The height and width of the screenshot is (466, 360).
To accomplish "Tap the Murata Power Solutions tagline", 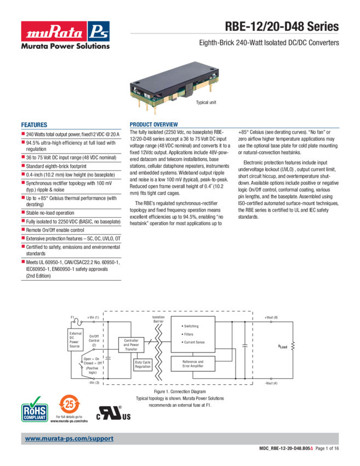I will [x=65, y=46].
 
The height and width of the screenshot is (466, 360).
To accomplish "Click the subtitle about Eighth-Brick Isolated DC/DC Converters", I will [x=268, y=43].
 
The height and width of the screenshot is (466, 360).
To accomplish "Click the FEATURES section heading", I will [x=34, y=124].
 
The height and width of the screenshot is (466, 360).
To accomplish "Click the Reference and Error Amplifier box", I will [x=192, y=364].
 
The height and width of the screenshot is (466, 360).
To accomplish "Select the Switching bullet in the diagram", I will [x=191, y=326].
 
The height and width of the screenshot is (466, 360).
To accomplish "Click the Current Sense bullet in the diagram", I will [x=194, y=342].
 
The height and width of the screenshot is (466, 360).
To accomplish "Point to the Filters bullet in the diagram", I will [x=188, y=334].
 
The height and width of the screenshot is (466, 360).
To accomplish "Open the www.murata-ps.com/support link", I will [x=70, y=439].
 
